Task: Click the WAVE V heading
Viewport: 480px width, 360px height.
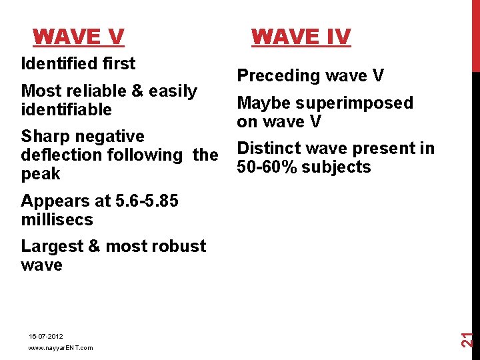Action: point(78,36)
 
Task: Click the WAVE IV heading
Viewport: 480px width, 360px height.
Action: point(301,36)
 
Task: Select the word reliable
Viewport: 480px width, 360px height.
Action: point(92,91)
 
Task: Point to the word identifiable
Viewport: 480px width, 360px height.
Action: point(66,109)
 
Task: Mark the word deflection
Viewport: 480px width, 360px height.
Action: point(59,155)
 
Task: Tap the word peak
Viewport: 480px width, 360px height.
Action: point(41,174)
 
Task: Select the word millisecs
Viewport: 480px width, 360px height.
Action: point(57,219)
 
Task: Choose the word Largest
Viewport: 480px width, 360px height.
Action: point(51,247)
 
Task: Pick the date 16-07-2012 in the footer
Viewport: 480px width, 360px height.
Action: point(46,336)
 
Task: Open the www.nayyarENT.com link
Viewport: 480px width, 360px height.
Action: point(61,348)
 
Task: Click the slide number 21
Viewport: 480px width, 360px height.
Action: point(469,338)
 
